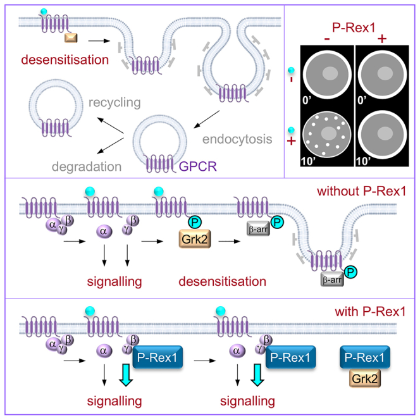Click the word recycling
tap(114, 102)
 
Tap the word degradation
tap(87, 166)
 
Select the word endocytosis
tap(237, 139)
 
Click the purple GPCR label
tap(198, 166)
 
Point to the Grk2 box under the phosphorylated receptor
tap(195, 238)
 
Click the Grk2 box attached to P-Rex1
tap(365, 378)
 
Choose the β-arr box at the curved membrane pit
tap(332, 280)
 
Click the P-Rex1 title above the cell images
tap(354, 28)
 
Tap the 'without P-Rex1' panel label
tap(362, 191)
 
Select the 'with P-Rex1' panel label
tap(370, 311)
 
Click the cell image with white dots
tap(327, 135)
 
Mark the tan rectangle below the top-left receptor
tap(71, 38)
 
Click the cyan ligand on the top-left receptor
tap(44, 11)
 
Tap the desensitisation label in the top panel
tap(65, 59)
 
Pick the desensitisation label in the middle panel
tap(222, 281)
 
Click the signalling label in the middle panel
tap(114, 281)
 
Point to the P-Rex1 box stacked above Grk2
tap(365, 357)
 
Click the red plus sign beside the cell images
tap(292, 141)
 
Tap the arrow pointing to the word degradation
tap(110, 145)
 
